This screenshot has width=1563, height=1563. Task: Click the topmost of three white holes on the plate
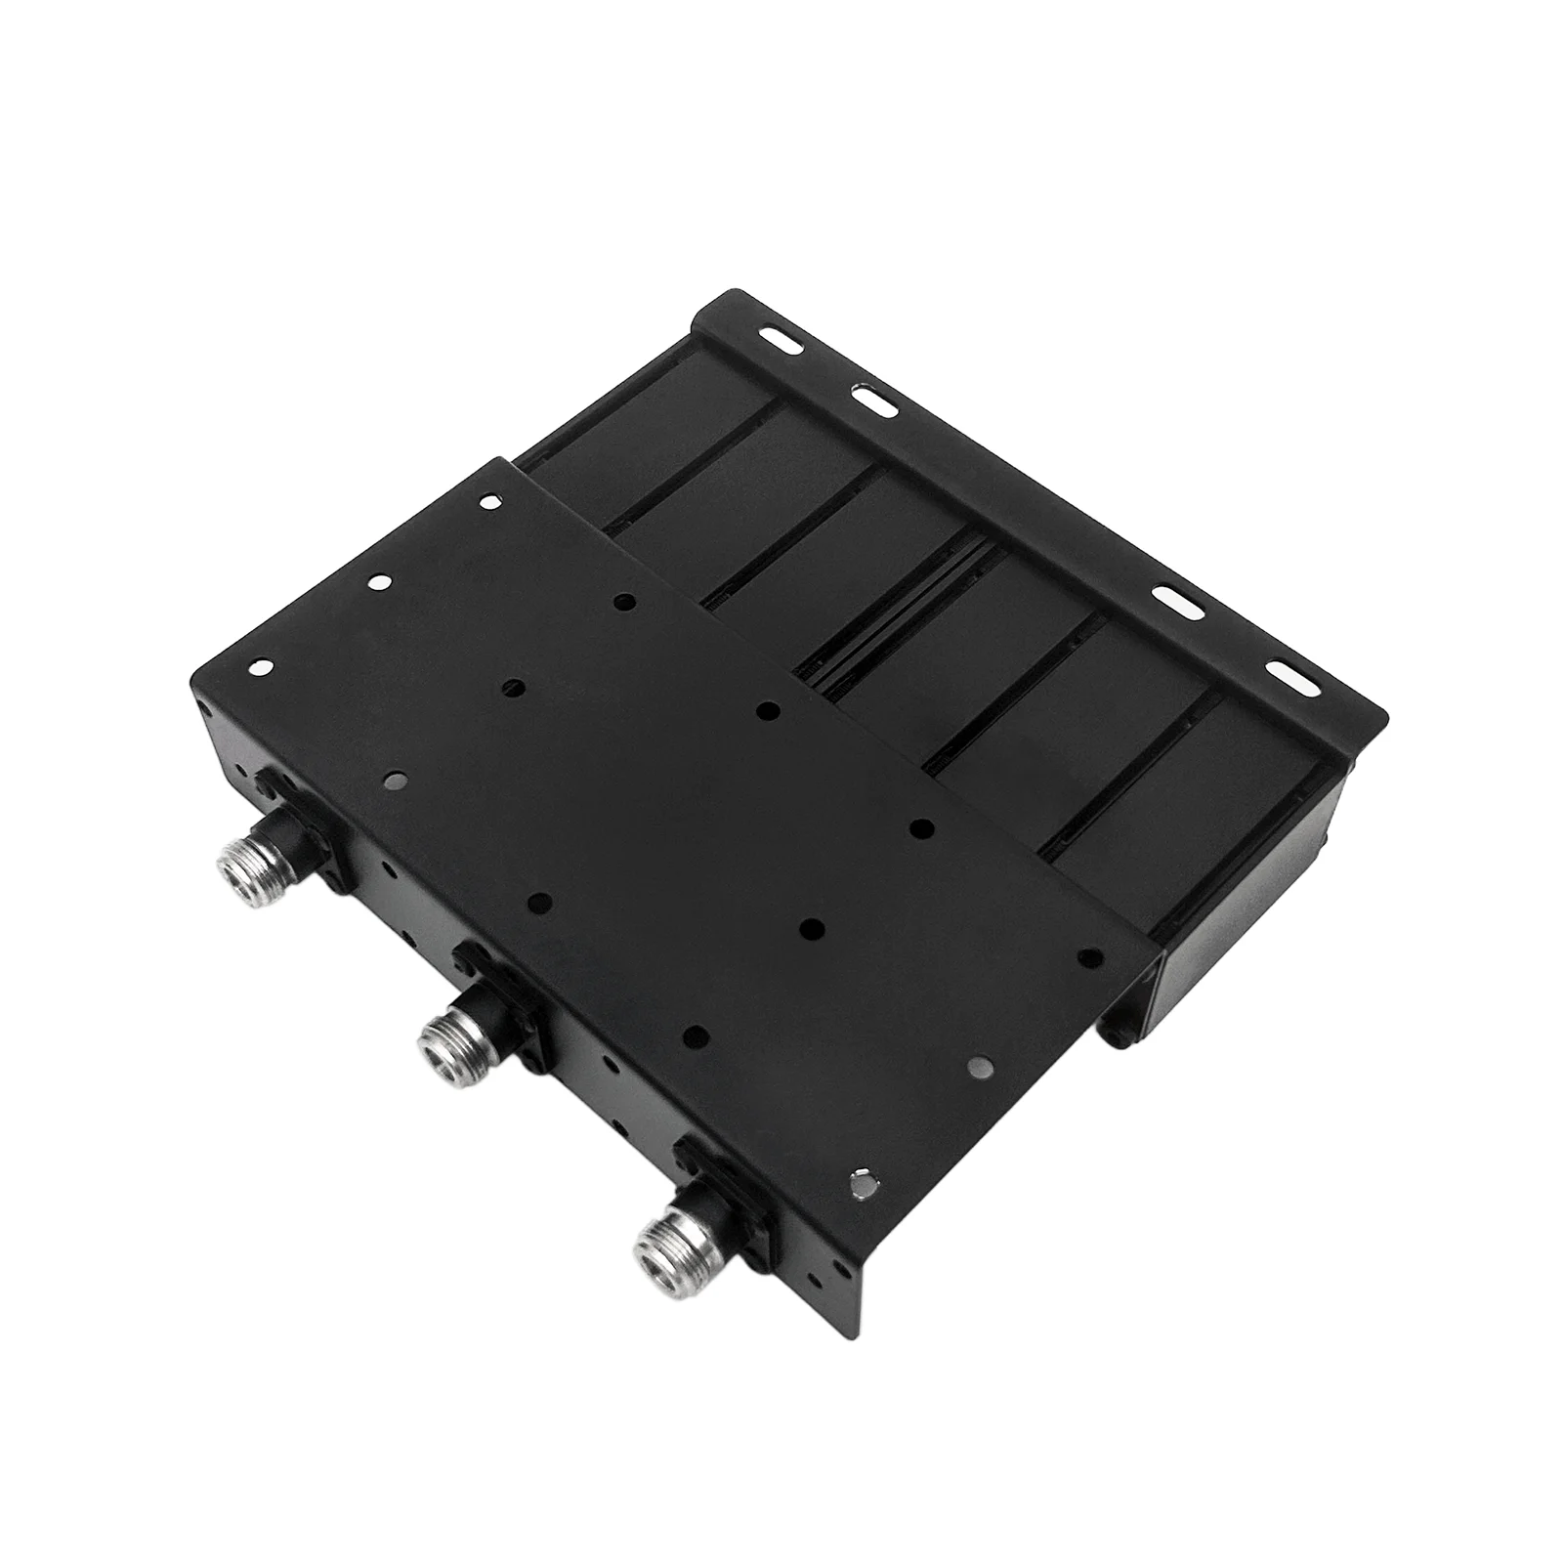tap(486, 503)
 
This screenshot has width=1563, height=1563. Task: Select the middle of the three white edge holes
tap(376, 582)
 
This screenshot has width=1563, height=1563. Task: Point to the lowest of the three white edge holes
tap(260, 667)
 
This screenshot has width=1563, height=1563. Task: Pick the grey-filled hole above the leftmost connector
tap(395, 780)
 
